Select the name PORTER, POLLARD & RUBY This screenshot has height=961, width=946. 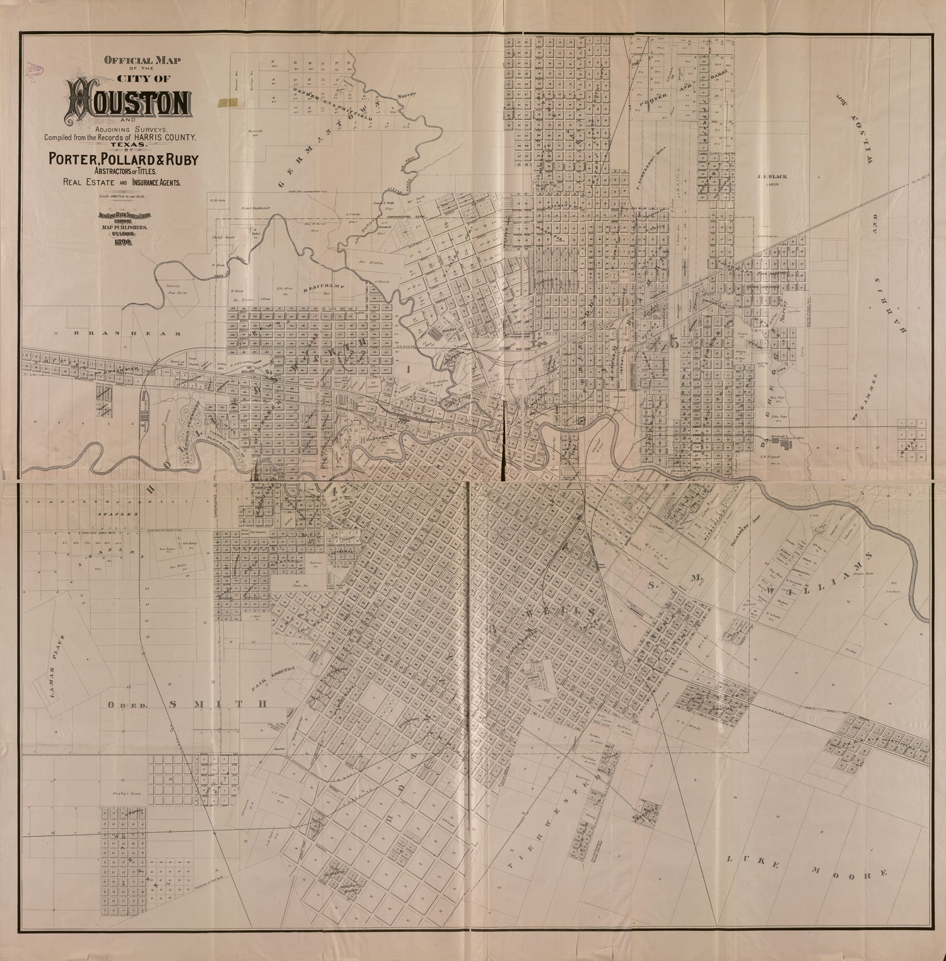(120, 160)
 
